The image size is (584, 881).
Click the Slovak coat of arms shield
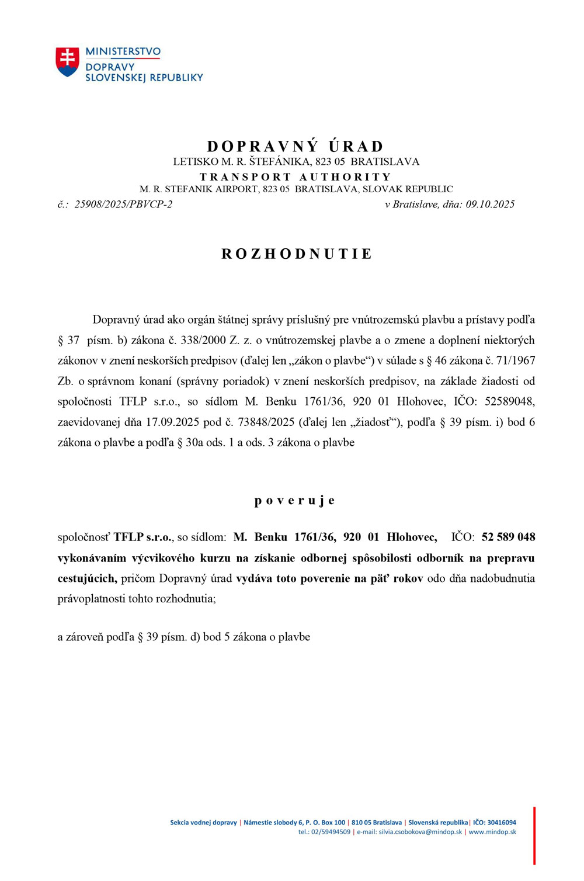pyautogui.click(x=67, y=61)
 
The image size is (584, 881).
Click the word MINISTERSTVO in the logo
pyautogui.click(x=123, y=51)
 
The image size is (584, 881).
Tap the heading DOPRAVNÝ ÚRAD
pyautogui.click(x=296, y=146)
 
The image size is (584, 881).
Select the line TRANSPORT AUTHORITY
pyautogui.click(x=296, y=176)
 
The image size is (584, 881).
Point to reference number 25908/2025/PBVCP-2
pyautogui.click(x=123, y=204)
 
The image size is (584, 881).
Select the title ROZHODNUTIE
pyautogui.click(x=297, y=254)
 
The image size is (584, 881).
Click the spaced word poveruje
pyautogui.click(x=295, y=501)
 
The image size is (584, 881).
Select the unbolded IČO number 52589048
pyautogui.click(x=509, y=401)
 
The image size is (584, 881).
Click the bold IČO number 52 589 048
pyautogui.click(x=508, y=537)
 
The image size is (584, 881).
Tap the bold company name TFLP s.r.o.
pyautogui.click(x=143, y=537)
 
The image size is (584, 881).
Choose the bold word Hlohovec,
pyautogui.click(x=412, y=537)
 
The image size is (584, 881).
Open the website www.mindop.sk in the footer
pyautogui.click(x=492, y=832)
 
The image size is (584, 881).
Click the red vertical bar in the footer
pyautogui.click(x=534, y=835)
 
